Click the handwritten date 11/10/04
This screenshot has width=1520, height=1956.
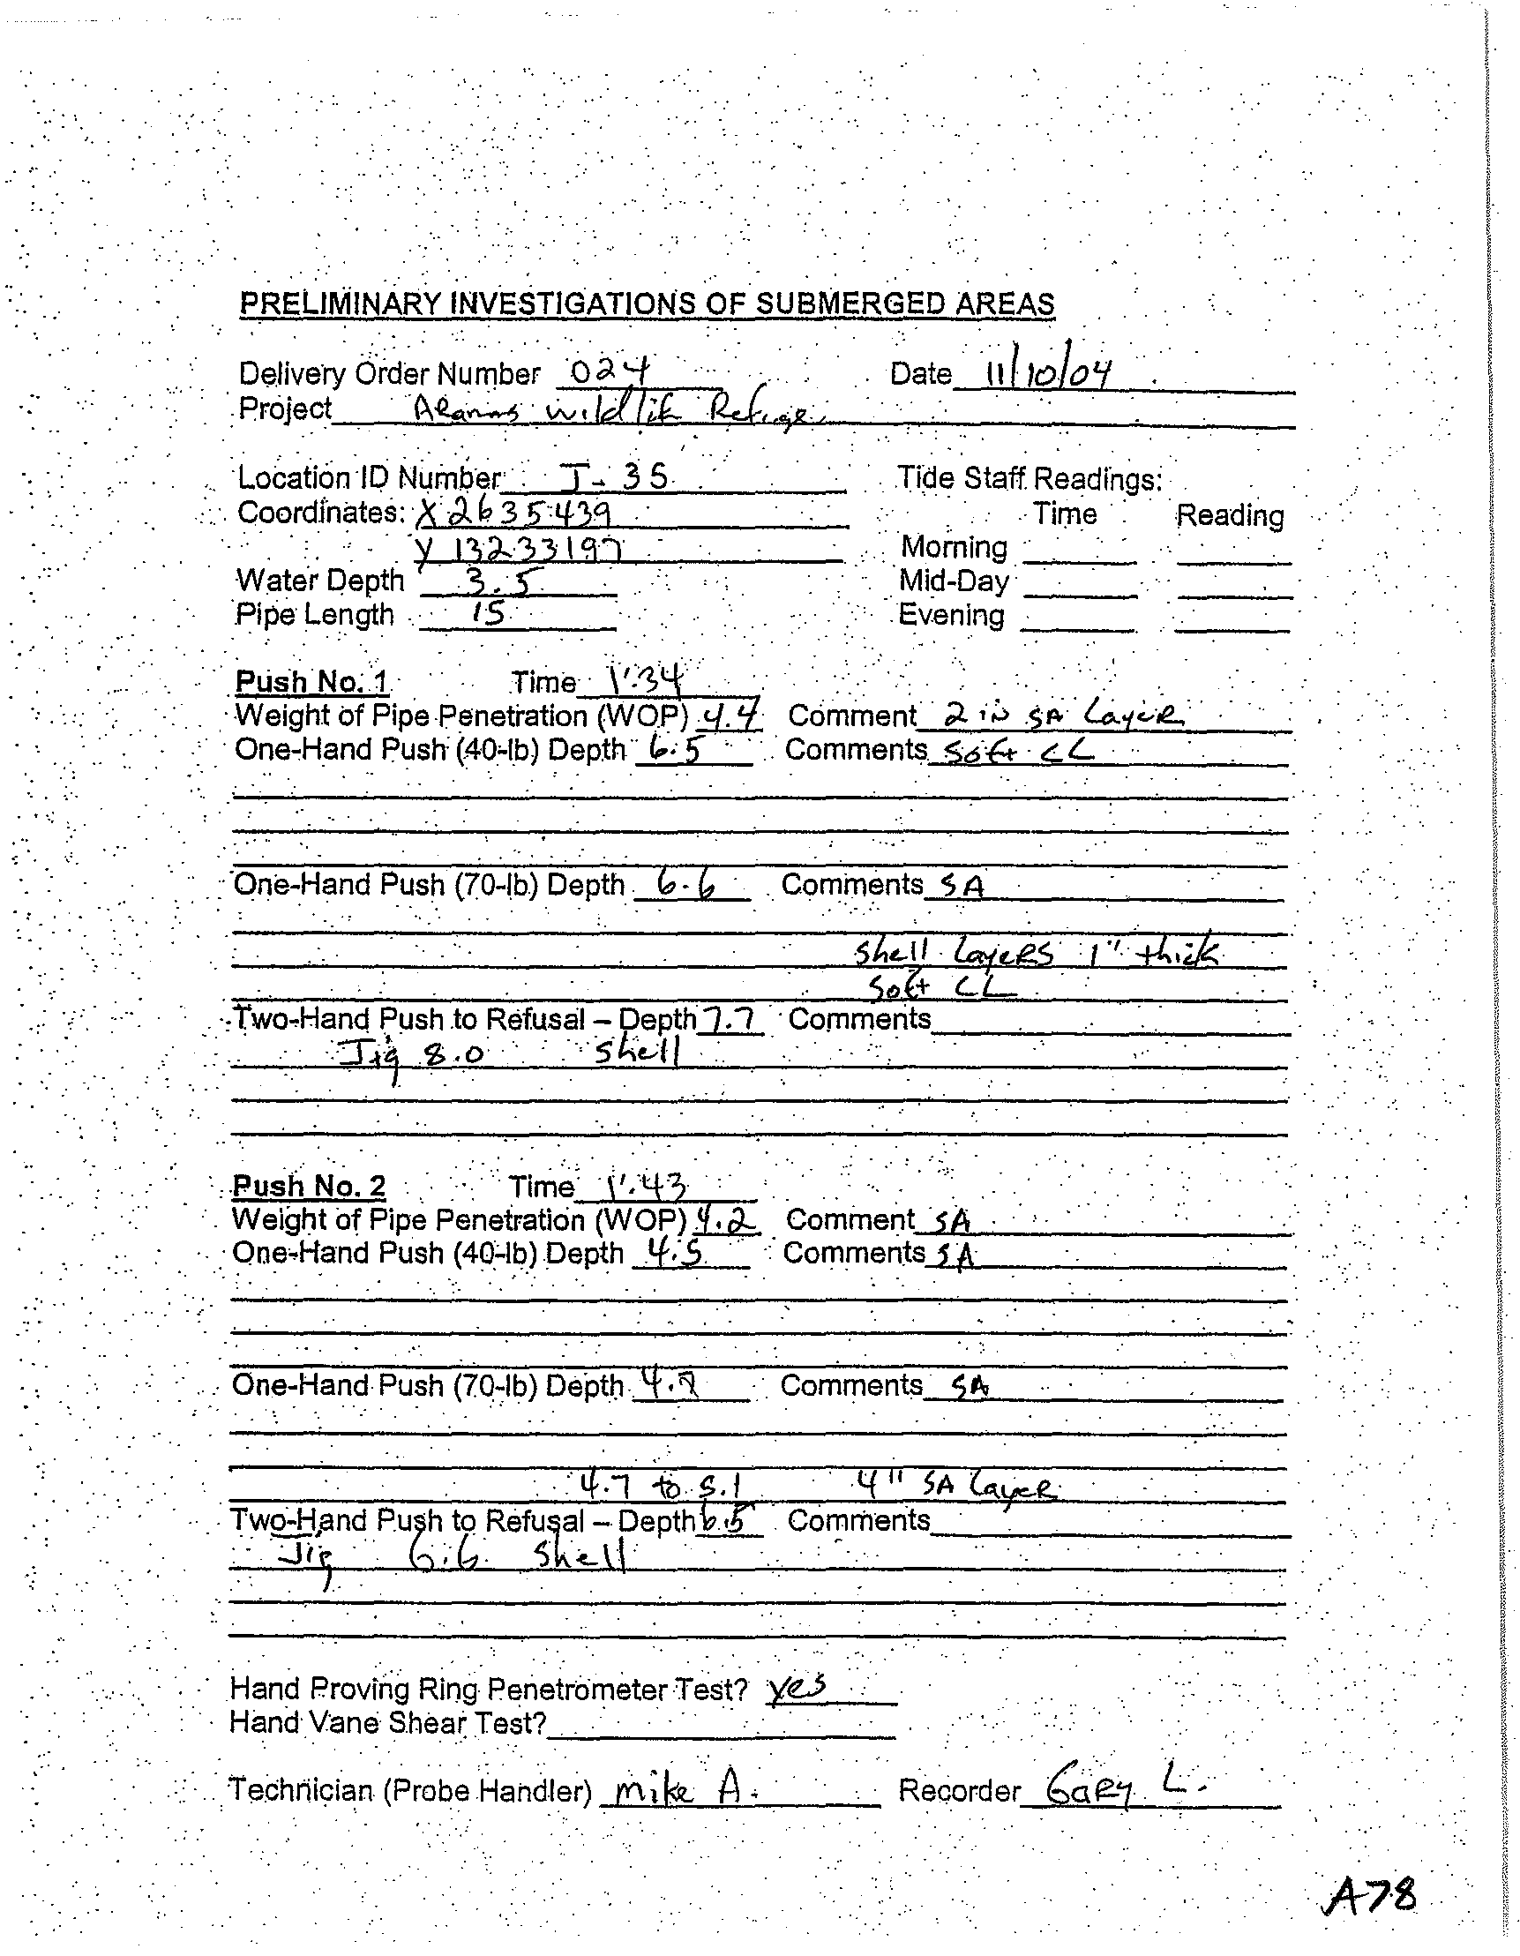pyautogui.click(x=1047, y=371)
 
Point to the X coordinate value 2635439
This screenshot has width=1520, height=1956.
pyautogui.click(x=515, y=513)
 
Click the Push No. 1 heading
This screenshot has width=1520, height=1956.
pyautogui.click(x=311, y=683)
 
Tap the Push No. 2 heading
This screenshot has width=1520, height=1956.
pyautogui.click(x=309, y=1186)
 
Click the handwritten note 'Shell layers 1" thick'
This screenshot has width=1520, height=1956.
pyautogui.click(x=1037, y=953)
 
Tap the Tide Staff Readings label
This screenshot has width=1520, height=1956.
pyautogui.click(x=1030, y=479)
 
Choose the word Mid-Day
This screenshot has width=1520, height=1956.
pyautogui.click(x=955, y=582)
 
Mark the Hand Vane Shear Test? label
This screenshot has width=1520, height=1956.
pyautogui.click(x=388, y=1723)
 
